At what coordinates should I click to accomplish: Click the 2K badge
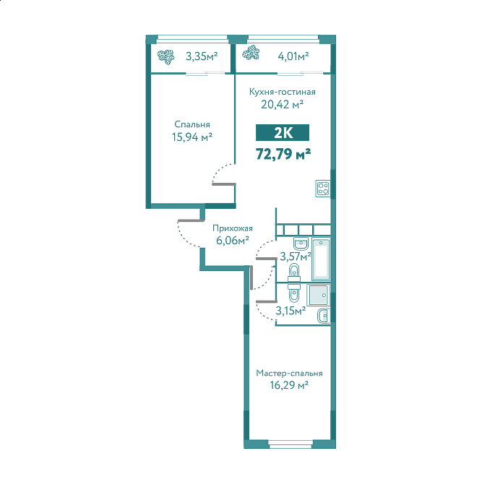pos(283,132)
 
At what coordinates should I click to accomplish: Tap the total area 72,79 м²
pos(283,154)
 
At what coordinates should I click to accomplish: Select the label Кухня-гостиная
pos(283,92)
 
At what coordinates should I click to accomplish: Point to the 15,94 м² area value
pos(192,137)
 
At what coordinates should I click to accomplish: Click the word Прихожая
pos(233,228)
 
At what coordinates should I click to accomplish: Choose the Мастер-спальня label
pos(289,373)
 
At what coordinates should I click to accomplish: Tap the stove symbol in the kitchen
pos(323,189)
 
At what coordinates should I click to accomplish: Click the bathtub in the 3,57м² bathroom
pos(321,259)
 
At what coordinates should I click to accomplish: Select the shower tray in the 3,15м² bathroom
pos(319,295)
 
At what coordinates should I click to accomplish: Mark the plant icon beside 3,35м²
pos(165,57)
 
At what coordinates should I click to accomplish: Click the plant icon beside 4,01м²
pos(251,52)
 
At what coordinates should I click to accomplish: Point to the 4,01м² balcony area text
pos(293,56)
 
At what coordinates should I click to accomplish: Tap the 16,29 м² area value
pos(289,385)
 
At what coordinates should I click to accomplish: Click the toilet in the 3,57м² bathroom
pos(294,272)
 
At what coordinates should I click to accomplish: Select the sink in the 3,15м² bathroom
pos(324,315)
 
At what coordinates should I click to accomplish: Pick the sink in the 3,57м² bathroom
pos(301,244)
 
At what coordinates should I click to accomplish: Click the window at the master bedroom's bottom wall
pos(291,444)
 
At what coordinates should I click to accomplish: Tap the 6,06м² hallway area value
pos(233,240)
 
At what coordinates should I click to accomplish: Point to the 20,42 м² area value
pos(283,105)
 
